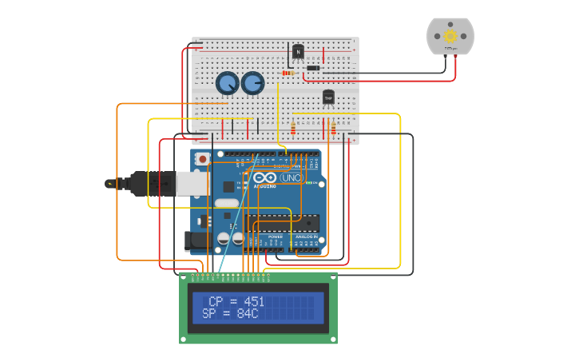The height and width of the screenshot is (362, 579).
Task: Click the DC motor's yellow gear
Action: click(x=450, y=35)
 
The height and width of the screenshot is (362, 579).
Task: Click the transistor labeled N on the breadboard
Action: click(x=298, y=52)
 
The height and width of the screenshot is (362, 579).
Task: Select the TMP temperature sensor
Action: click(x=328, y=97)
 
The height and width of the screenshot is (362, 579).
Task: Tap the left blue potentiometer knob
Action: click(x=227, y=82)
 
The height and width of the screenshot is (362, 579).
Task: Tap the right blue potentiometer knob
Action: click(x=252, y=82)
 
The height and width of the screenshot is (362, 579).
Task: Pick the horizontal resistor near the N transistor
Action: click(x=288, y=73)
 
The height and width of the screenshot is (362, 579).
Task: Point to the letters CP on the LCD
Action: click(x=216, y=301)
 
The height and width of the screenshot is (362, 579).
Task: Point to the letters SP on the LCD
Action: click(x=209, y=314)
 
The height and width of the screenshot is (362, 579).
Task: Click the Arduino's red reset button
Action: click(x=202, y=159)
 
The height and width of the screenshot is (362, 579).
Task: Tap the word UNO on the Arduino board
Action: click(x=290, y=177)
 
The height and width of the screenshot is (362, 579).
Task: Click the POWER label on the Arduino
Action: click(x=275, y=237)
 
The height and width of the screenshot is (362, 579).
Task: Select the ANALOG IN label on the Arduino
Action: click(x=307, y=237)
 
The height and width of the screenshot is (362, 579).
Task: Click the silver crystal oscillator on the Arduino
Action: click(x=227, y=203)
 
